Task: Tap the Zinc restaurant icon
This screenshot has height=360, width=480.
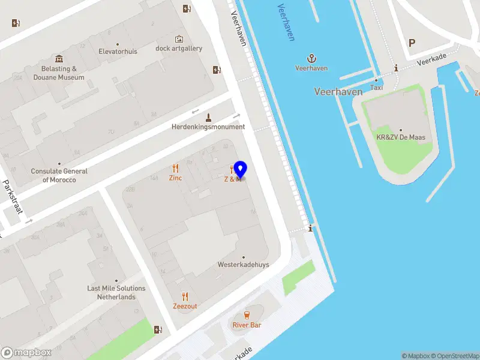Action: point(175,169)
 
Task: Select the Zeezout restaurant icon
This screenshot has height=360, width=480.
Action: point(185,296)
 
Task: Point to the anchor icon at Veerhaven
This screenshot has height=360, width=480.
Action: point(311,58)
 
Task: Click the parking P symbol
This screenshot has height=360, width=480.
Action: point(412,43)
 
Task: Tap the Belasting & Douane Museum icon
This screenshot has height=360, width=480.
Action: point(59,59)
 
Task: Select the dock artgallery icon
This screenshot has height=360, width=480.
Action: point(179,39)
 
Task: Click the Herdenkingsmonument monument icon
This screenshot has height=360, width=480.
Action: point(209,116)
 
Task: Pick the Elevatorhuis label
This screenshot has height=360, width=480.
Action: point(118,52)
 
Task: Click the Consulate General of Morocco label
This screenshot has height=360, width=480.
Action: point(59,175)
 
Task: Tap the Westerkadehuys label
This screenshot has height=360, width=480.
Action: point(243,265)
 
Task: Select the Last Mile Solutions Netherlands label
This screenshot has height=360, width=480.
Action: point(116,293)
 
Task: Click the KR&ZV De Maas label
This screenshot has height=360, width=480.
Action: point(400,137)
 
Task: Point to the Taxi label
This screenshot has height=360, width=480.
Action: point(376,88)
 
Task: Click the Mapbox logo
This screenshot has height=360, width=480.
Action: point(26,353)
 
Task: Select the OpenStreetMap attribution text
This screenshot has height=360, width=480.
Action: point(454,356)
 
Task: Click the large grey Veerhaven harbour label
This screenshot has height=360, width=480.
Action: point(338,92)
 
